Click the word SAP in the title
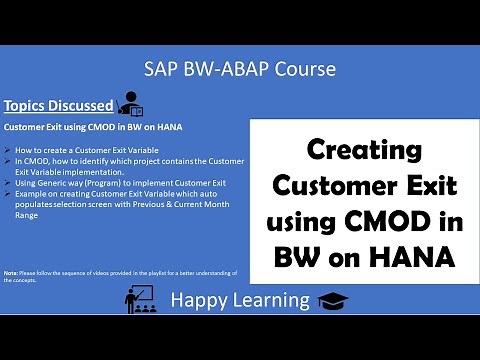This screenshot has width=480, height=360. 161,69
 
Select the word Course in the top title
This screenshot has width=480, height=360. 303,69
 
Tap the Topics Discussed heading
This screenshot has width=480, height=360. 57,105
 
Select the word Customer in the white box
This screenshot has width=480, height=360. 332,184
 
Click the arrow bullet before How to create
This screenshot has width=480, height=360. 8,149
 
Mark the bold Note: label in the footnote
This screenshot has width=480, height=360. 11,272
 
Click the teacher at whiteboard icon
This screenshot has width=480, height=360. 140,297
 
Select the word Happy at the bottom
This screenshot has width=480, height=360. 198,300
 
